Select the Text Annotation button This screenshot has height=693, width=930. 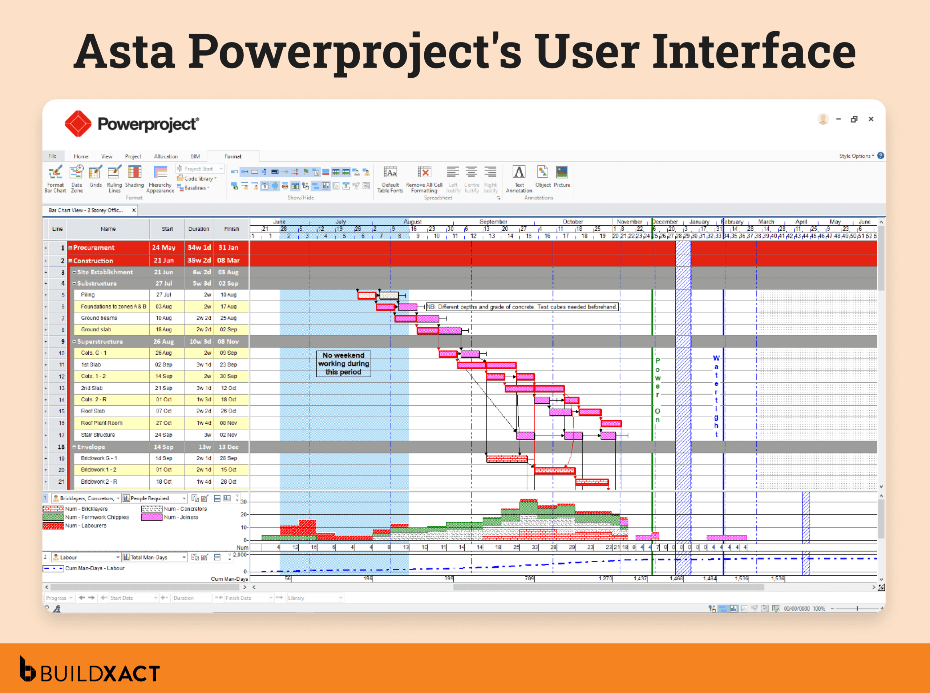pos(519,179)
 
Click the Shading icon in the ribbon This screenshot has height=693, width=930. pos(134,177)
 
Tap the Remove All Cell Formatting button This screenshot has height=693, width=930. pos(424,179)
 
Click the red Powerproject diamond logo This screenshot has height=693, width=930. pos(78,124)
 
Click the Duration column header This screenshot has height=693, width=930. pos(198,229)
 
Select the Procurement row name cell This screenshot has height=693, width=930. pos(108,248)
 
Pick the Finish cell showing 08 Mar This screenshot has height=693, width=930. pos(228,261)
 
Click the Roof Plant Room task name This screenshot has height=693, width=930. pos(101,423)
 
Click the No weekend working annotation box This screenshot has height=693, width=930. pos(343,364)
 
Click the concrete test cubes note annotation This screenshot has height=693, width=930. pos(522,307)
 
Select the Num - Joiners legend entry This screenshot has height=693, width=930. pos(180,517)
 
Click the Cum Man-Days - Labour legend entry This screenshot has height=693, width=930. pos(94,568)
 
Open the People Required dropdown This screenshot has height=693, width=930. pos(184,498)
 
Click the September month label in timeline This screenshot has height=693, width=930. pos(493,222)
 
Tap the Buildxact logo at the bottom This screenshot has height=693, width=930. pos(90,670)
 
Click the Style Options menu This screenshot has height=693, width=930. pos(856,156)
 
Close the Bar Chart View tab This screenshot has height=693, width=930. pos(134,210)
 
